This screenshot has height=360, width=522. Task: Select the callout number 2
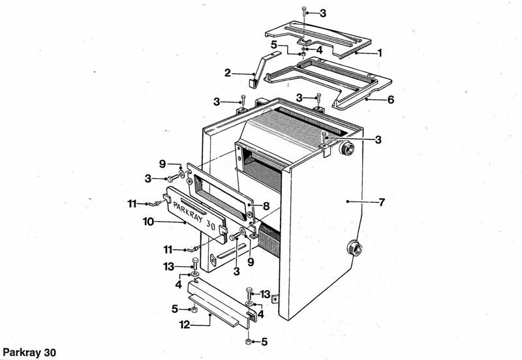click(x=228, y=72)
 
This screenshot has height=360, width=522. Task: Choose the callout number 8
click(x=266, y=205)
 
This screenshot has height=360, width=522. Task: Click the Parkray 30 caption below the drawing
click(x=29, y=353)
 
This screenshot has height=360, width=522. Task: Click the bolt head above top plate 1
click(x=305, y=9)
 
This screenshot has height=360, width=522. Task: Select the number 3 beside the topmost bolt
click(x=323, y=13)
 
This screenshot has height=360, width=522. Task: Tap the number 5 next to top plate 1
click(x=275, y=44)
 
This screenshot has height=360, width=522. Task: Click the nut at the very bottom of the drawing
click(x=249, y=342)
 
